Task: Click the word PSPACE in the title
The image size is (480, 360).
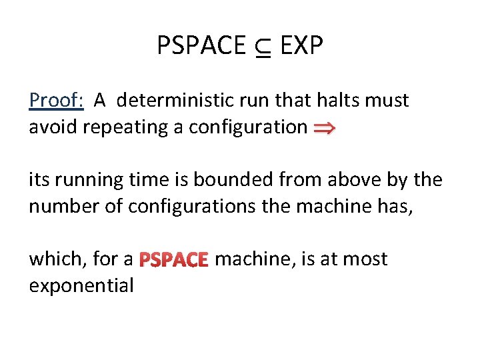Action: click(x=201, y=45)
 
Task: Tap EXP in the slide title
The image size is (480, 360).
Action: click(x=301, y=45)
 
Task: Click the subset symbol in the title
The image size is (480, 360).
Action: click(x=263, y=47)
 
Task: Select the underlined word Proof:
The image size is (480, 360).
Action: click(x=56, y=101)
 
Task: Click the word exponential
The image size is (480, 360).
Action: click(x=81, y=285)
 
